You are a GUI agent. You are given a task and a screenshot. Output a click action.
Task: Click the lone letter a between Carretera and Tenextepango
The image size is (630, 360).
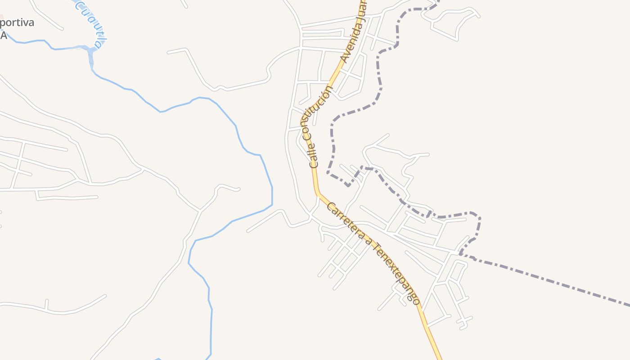(369, 243)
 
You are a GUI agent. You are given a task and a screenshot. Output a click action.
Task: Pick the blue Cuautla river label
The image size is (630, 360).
(92, 22)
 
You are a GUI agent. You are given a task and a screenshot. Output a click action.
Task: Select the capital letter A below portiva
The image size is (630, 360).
(4, 36)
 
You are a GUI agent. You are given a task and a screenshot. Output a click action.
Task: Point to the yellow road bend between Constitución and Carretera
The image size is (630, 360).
(318, 193)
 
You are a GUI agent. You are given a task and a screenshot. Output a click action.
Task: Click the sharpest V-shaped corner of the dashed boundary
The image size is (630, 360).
(349, 185)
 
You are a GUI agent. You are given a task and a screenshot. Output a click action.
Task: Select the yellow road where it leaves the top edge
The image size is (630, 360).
(361, 2)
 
